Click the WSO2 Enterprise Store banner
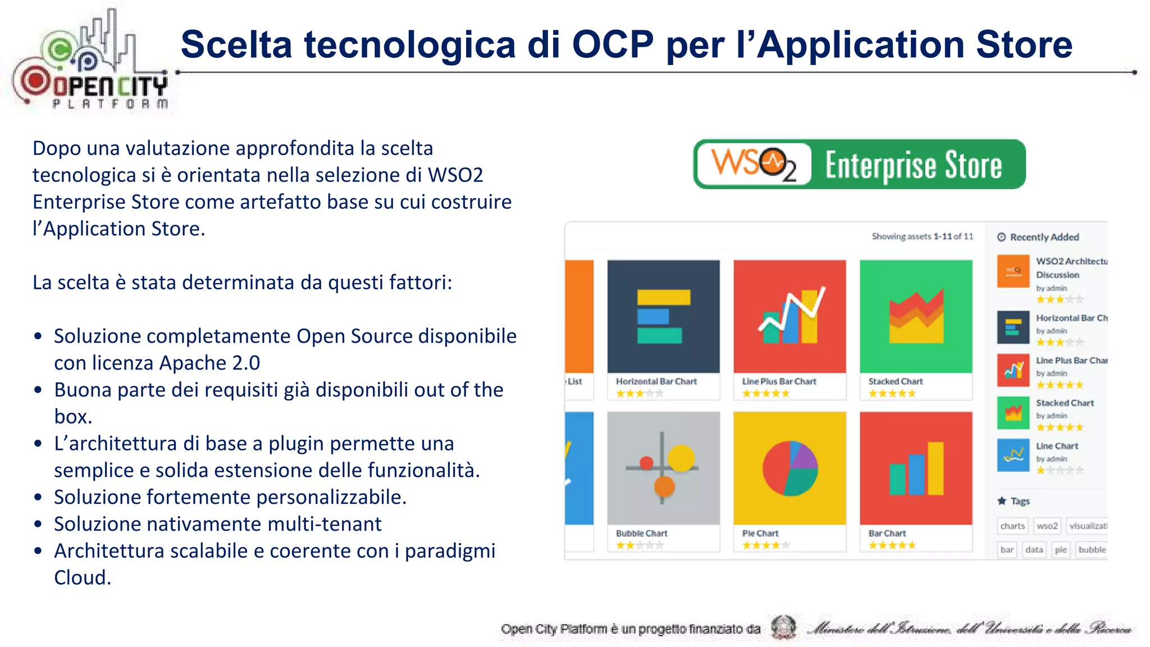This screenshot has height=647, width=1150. [859, 164]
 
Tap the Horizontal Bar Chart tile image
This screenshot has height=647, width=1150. [663, 316]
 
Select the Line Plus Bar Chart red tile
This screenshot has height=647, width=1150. [790, 316]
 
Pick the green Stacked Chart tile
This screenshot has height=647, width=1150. [916, 316]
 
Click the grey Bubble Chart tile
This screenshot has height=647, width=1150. [663, 468]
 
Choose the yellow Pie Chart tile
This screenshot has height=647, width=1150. [790, 468]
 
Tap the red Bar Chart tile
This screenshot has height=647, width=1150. [916, 468]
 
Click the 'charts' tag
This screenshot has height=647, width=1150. [1012, 526]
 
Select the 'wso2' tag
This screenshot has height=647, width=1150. [1047, 526]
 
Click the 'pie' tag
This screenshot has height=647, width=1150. [1061, 549]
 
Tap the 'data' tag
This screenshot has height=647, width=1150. [1034, 549]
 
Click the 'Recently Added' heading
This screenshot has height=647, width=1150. [1044, 237]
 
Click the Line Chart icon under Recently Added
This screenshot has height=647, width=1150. [1013, 455]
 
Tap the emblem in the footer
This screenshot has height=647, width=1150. [783, 627]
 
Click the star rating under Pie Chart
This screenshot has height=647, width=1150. [765, 545]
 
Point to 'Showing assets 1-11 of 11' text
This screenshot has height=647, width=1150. [922, 236]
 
